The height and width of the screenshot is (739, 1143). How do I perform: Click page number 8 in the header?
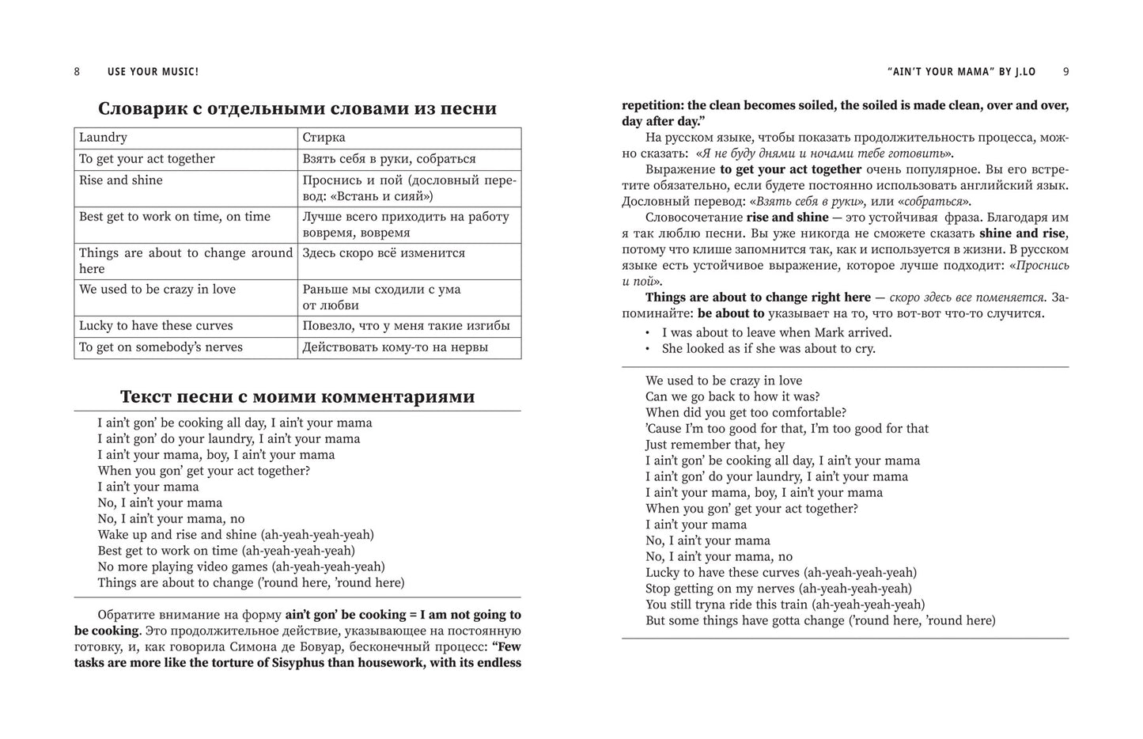(x=77, y=72)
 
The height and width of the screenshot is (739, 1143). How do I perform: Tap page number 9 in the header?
(x=1065, y=72)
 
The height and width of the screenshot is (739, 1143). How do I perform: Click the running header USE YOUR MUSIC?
(x=153, y=72)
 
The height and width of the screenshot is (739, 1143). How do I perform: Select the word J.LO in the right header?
(x=1023, y=72)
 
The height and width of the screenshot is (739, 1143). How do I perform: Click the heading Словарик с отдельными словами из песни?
(x=297, y=108)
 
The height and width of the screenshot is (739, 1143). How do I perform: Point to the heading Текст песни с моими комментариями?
(x=297, y=396)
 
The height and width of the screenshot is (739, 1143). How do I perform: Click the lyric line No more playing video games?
(x=241, y=567)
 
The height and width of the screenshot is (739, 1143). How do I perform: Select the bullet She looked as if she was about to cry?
(x=769, y=349)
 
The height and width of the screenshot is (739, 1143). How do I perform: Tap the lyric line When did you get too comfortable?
(x=746, y=412)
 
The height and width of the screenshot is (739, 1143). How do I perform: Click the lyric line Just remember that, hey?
(x=715, y=445)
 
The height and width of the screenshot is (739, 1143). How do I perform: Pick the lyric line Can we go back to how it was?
(x=732, y=396)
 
